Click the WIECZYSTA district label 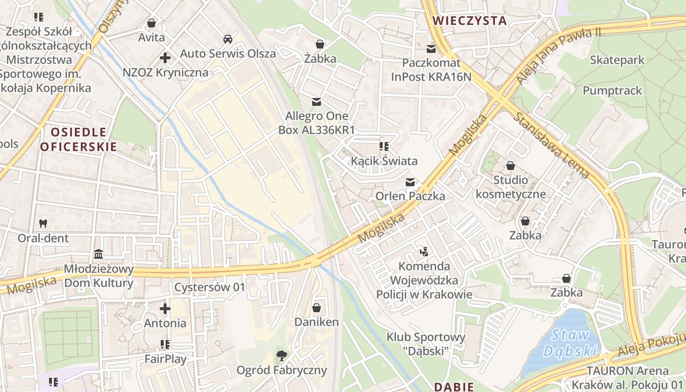coord(470,21)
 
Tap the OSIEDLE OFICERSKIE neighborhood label coord(78,139)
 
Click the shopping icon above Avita coord(151,23)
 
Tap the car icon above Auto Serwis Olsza coord(227,39)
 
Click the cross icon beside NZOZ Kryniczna coord(165,58)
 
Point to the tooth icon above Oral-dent coord(43,223)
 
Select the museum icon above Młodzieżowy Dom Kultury coord(98,254)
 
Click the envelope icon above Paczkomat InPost coord(431,49)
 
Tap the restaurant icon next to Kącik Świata coord(384,146)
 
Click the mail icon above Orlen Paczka coord(410,182)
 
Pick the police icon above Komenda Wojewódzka coord(424,252)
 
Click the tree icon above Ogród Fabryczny coord(281,355)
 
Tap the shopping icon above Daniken coord(317,308)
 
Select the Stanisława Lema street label coord(551,145)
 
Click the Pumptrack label coord(612,91)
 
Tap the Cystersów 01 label coord(209,287)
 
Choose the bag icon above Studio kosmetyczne coord(511,166)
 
